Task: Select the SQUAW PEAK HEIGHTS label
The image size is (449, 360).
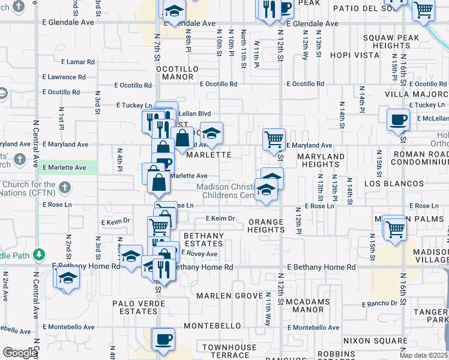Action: (x=387, y=41)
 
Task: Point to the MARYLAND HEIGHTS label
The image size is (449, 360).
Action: (x=321, y=160)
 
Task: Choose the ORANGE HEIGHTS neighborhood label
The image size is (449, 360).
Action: (x=266, y=226)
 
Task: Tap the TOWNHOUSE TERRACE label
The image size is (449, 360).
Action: (x=229, y=352)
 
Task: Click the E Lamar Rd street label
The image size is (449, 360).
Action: (x=77, y=61)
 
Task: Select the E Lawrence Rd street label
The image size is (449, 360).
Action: (x=68, y=77)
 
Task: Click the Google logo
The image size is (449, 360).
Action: (x=19, y=353)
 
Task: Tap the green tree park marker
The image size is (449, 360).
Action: (x=39, y=254)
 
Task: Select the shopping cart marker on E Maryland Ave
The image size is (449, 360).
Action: (x=274, y=139)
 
